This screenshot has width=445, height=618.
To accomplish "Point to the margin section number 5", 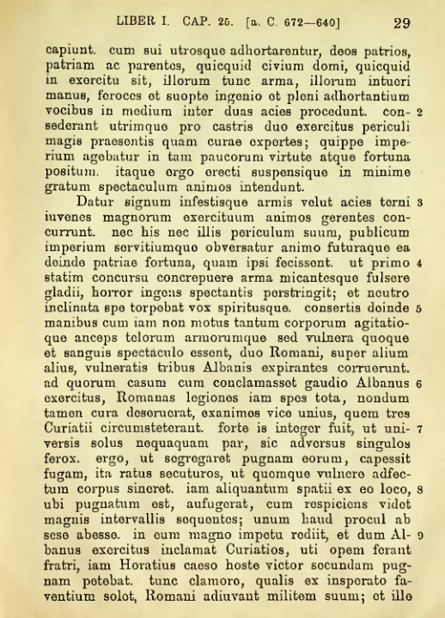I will [x=418, y=306].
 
